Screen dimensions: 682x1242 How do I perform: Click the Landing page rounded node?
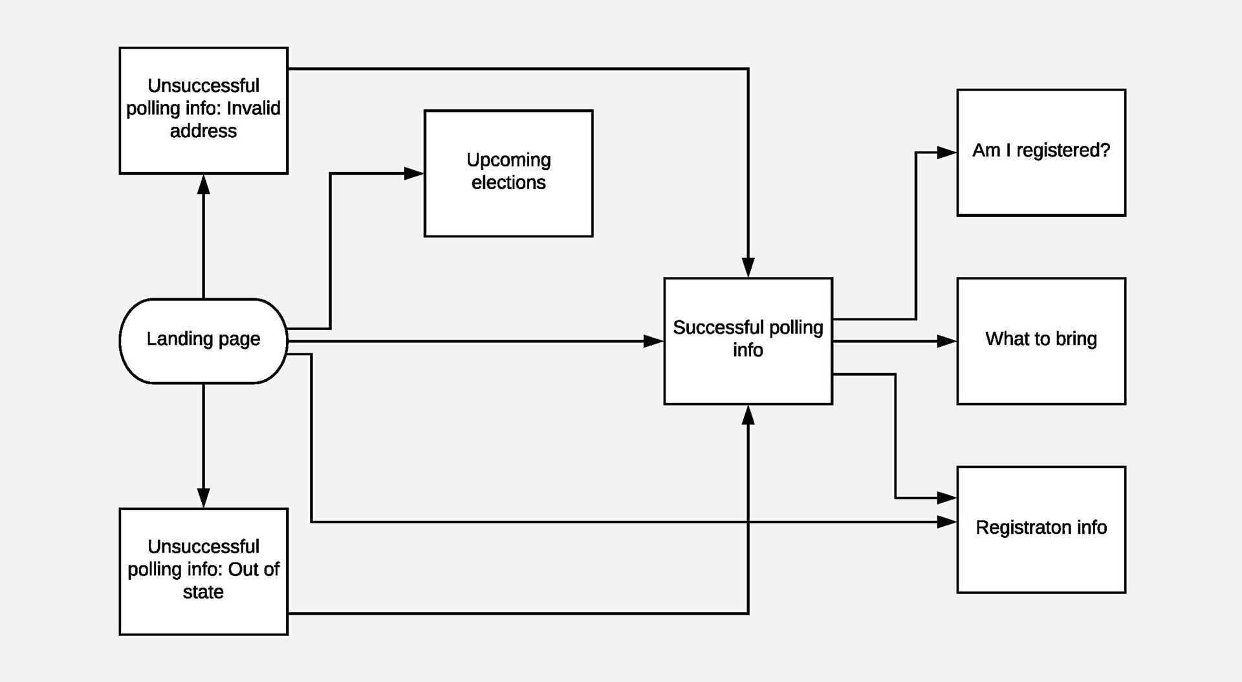203,340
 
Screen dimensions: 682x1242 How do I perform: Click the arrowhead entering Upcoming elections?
415,173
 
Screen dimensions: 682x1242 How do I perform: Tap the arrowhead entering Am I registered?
947,153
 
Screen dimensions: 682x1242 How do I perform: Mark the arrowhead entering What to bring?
947,341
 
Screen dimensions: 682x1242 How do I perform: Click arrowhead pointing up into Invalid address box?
203,185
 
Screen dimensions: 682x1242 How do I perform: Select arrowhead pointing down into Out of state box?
203,498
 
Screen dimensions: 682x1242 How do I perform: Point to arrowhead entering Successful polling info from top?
748,267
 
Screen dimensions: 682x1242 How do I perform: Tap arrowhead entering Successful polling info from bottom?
748,415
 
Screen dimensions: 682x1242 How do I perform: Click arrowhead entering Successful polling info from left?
653,341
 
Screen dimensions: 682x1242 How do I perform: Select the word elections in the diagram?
508,183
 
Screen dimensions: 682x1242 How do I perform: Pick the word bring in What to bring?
1076,339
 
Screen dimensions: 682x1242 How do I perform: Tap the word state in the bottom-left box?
203,592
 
